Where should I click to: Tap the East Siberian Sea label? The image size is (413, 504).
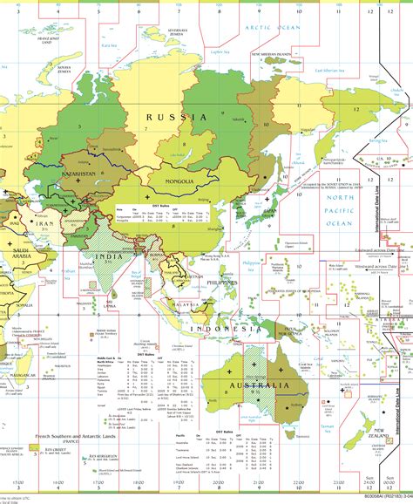324,70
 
